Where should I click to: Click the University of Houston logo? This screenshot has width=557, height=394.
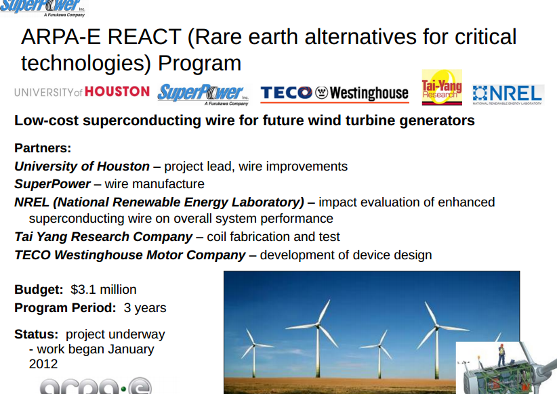81,91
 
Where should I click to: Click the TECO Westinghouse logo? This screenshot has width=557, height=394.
334,93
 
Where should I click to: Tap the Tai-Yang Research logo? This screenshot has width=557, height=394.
441,88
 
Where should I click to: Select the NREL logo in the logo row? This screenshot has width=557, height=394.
508,94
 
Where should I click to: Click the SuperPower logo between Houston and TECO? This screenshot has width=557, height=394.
203,93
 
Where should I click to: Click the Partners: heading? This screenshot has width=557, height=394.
43,148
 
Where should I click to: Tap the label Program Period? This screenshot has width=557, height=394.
65,308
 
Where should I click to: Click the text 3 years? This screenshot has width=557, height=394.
145,308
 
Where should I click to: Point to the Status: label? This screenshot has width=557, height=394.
37,334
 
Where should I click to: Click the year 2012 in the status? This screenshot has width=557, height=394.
43,364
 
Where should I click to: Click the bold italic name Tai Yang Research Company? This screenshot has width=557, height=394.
104,237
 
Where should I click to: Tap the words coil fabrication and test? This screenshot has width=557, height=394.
274,237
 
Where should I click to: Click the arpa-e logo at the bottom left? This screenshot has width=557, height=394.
95,386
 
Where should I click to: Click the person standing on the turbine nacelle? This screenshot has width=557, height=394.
501,353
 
